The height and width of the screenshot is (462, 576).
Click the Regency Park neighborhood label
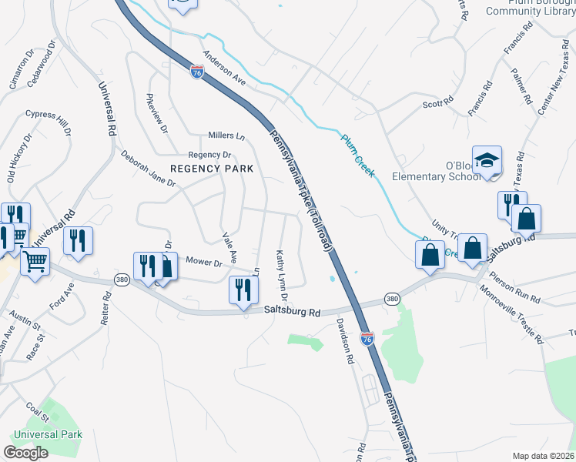pos(201,169)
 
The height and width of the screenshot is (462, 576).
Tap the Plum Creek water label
pos(358,156)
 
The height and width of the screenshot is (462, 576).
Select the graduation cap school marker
pos(487,160)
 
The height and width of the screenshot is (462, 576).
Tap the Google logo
pos(25,453)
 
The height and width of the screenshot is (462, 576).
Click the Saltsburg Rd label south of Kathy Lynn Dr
pos(292,312)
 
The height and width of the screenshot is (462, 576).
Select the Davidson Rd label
pos(344,343)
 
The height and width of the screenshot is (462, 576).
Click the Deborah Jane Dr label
pos(148,169)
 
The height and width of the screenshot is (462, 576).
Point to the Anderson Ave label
pos(223,68)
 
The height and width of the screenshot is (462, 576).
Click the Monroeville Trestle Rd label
pos(511,314)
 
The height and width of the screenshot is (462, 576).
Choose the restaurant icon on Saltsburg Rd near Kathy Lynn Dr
pos(243,290)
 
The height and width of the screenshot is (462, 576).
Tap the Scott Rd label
pos(435,105)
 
